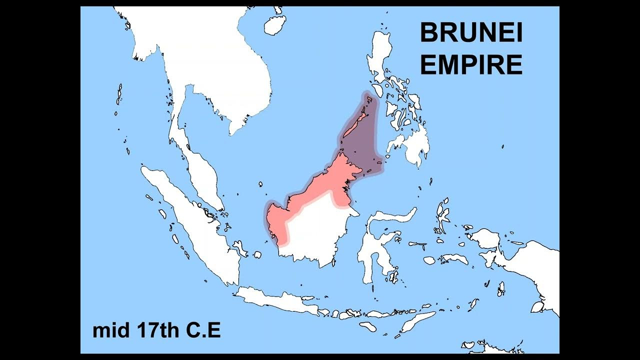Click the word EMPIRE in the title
[471, 65]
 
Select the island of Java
[280, 300]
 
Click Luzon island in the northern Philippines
[380, 55]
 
